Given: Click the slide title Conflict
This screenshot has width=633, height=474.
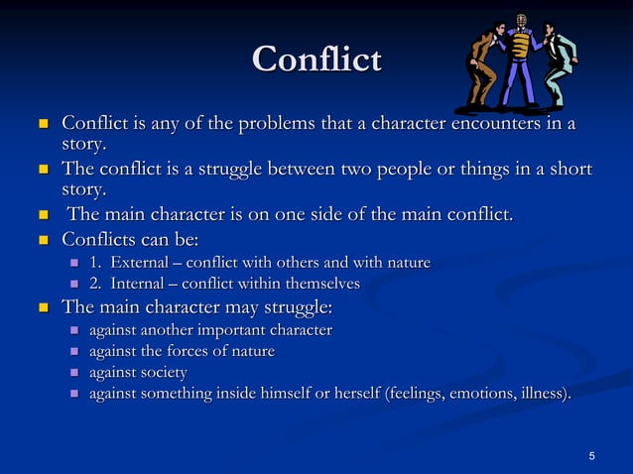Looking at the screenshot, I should tap(316, 59).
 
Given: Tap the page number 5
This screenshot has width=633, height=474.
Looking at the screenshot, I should tap(591, 456).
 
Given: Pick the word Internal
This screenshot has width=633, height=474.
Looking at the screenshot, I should tap(140, 285).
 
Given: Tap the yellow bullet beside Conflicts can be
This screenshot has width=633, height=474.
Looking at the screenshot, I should tap(43, 240).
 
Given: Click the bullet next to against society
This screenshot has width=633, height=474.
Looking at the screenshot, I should tap(72, 374).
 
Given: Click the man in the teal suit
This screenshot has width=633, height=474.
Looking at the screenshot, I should tap(558, 61).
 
